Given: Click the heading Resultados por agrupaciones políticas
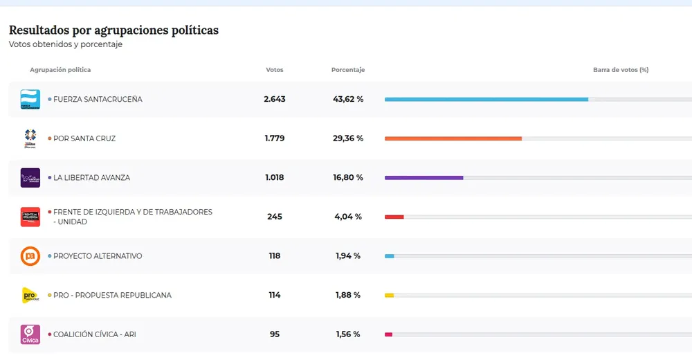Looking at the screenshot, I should [x=113, y=30].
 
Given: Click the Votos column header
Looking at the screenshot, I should [x=275, y=70].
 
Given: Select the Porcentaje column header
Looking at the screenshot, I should [x=348, y=70].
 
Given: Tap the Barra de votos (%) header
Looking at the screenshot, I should [x=621, y=70].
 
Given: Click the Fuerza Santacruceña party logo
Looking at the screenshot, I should [x=30, y=99].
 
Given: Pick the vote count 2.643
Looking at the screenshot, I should [x=275, y=99].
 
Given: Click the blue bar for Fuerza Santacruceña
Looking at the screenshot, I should [x=486, y=99].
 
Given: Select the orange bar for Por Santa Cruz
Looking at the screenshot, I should [x=453, y=138].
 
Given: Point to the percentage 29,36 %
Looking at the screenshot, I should [x=348, y=138].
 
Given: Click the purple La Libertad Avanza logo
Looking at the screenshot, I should [x=30, y=178].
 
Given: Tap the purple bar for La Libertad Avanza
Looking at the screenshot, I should [x=424, y=178].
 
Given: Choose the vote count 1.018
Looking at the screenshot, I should [x=275, y=178].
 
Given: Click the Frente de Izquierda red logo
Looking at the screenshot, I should [x=30, y=217].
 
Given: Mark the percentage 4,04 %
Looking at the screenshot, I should [x=348, y=217].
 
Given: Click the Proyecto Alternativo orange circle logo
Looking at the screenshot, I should [x=30, y=256].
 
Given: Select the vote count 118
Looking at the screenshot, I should [x=275, y=256].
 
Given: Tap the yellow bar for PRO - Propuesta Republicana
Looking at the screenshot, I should [x=389, y=296].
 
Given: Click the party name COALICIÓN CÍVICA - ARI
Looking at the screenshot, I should [x=95, y=334].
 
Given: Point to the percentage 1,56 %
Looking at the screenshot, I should [x=348, y=334].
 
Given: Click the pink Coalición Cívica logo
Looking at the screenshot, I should [x=30, y=334].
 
